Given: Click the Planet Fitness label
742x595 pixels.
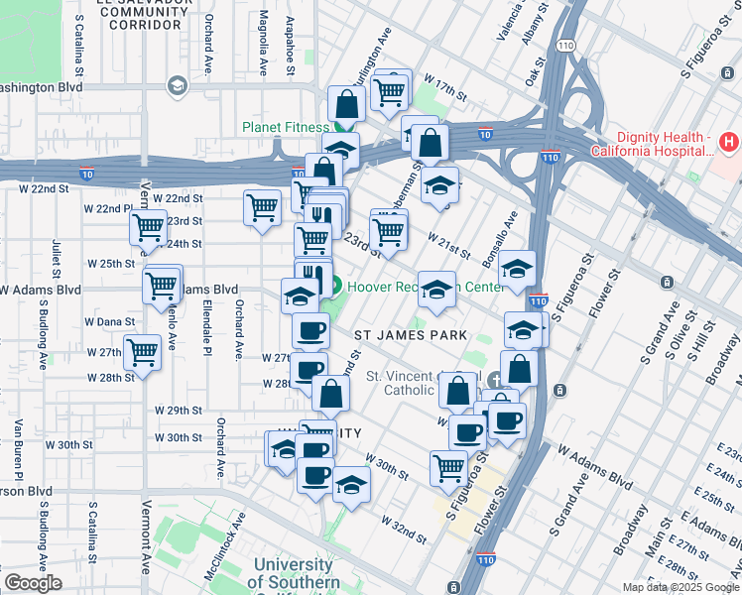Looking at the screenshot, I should [x=285, y=127].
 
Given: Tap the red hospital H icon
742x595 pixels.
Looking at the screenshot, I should [x=729, y=143].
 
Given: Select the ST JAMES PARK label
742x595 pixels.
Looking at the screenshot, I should [x=411, y=335].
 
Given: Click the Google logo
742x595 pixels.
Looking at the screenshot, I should [x=33, y=583].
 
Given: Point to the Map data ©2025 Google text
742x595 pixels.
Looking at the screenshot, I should [x=680, y=587].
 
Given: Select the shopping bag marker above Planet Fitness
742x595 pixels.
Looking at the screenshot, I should [x=346, y=103].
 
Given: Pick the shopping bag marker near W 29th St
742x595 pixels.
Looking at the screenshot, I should [x=330, y=393].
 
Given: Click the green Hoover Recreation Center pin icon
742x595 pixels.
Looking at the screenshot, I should [x=334, y=290].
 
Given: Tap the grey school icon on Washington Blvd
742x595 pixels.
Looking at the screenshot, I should [x=178, y=86].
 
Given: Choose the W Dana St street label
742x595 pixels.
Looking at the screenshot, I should [x=109, y=322].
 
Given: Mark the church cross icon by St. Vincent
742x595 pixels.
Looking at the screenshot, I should [x=494, y=380].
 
